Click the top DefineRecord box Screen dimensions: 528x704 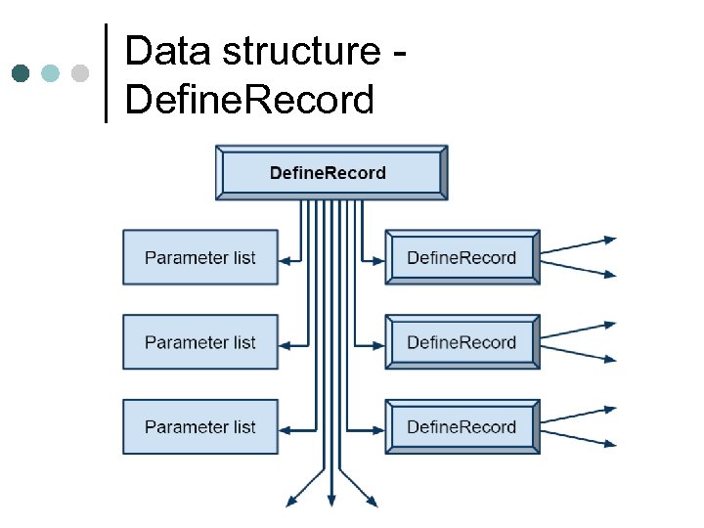pos(331,173)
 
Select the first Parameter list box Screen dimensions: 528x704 pos(200,258)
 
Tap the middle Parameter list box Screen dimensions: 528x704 pos(200,342)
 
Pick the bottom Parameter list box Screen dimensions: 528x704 pos(200,426)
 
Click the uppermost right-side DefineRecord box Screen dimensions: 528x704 pos(462,258)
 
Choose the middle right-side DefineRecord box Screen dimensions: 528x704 pos(462,342)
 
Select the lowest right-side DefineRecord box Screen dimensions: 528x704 pos(462,426)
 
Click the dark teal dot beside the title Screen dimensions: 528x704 pos(21,73)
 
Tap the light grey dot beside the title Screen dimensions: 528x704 pos(80,73)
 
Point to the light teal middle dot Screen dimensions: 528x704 pos(51,73)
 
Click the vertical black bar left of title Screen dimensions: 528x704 pos(106,72)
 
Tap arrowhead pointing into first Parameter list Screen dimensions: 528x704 pos(285,260)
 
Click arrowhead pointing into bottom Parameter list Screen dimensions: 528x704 pos(285,428)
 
